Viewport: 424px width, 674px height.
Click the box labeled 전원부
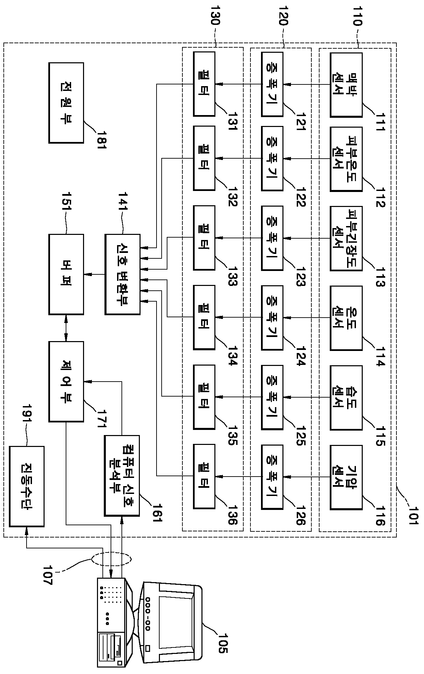(x=66, y=102)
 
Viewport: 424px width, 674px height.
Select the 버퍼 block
(x=66, y=274)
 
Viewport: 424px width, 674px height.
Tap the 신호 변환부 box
(x=123, y=274)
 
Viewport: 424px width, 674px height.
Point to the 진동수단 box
(x=27, y=486)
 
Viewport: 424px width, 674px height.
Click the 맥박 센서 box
(x=346, y=84)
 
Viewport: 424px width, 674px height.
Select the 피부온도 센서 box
(x=346, y=159)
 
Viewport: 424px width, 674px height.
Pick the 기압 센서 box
(x=346, y=477)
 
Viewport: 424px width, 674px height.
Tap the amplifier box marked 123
(x=272, y=238)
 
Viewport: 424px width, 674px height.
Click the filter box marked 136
(x=204, y=476)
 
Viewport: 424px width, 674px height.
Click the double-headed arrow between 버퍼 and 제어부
(x=66, y=328)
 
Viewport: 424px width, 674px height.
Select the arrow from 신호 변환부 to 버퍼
(x=94, y=274)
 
